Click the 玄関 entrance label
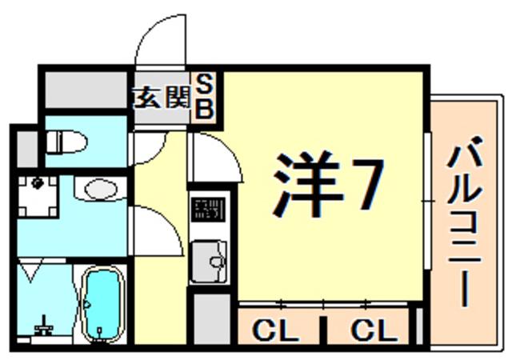(161, 98)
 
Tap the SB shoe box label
(205, 96)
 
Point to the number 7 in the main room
(368, 184)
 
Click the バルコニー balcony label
(465, 222)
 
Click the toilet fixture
(66, 142)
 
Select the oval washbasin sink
(101, 189)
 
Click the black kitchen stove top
(208, 210)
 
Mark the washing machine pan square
(38, 196)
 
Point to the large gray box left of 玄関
(86, 90)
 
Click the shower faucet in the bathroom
(43, 326)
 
